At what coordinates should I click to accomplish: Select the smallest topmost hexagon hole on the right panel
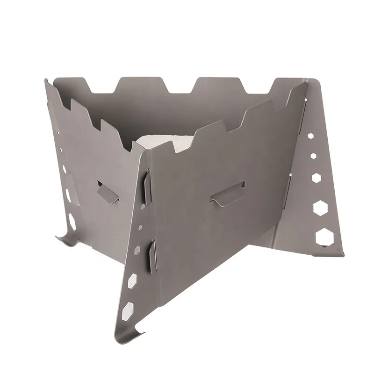point(311,136)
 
